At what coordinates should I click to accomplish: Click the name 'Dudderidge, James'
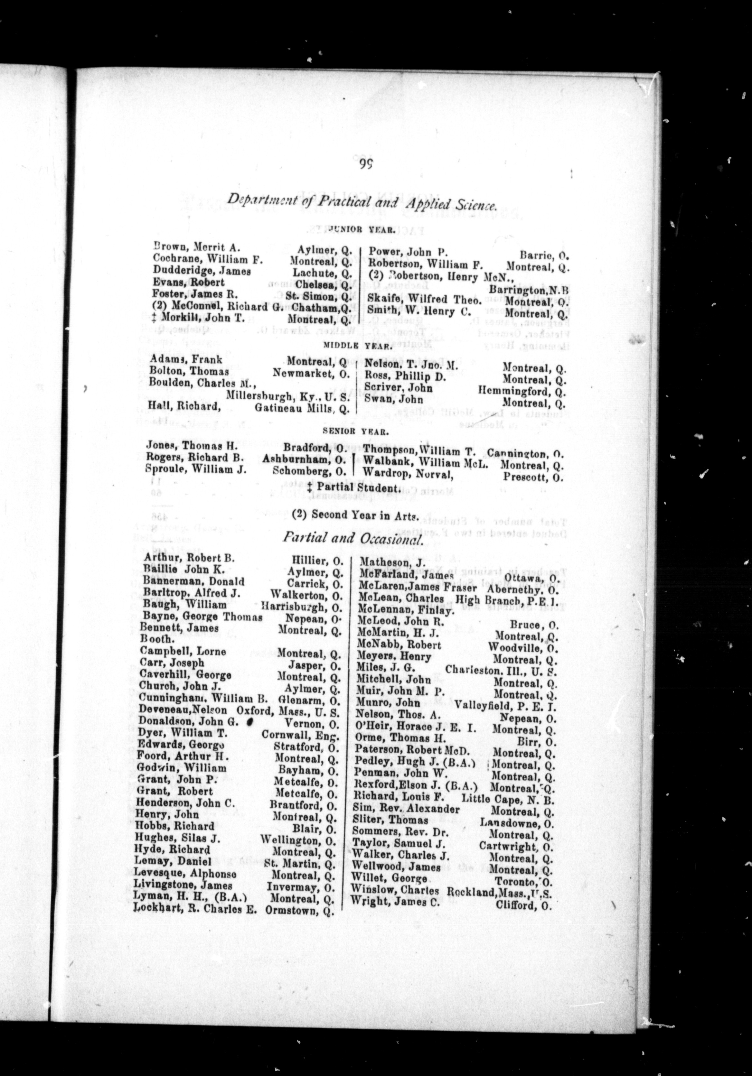coord(202,271)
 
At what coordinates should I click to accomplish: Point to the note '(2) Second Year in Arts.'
coord(354,515)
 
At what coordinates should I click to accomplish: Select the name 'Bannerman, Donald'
coord(193,581)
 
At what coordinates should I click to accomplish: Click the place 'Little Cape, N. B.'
coord(508,798)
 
